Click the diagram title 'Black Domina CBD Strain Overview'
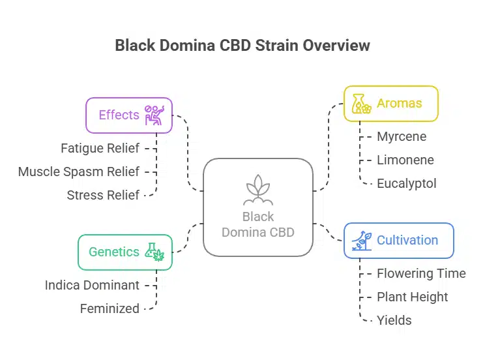[242, 46]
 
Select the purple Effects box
[129, 115]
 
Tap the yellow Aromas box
[390, 104]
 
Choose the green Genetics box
[125, 252]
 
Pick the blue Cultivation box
[398, 240]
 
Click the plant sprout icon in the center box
[258, 190]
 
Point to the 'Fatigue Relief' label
[100, 148]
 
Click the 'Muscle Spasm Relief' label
[78, 172]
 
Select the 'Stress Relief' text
[103, 195]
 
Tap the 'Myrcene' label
[402, 136]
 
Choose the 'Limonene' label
[405, 160]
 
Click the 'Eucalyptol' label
[406, 183]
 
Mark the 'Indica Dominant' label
[92, 285]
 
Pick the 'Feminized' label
[110, 308]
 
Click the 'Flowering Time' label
[421, 273]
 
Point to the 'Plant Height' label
[412, 297]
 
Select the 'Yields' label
[394, 320]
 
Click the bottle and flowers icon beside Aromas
[361, 104]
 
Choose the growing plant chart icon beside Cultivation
[360, 240]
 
